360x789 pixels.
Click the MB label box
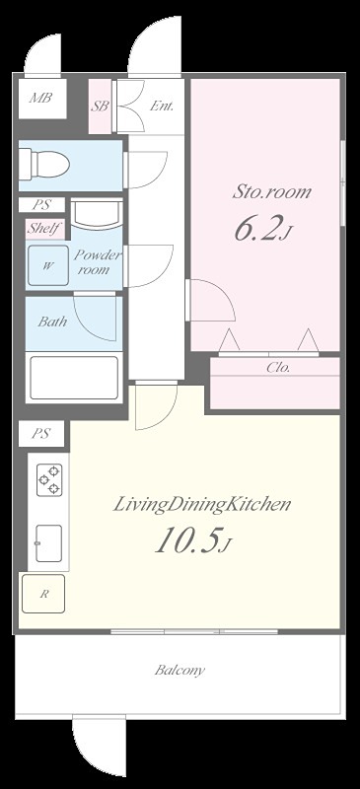[x=42, y=98]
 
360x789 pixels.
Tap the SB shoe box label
[x=100, y=107]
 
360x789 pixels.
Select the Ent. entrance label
[x=162, y=107]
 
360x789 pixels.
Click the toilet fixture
[x=44, y=164]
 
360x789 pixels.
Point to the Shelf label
[x=45, y=228]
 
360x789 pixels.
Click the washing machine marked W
[x=47, y=265]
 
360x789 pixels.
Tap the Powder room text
[x=98, y=262]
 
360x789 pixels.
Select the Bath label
[x=52, y=322]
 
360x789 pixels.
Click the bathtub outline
[x=74, y=378]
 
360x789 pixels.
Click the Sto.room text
[x=271, y=192]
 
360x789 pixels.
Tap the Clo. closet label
[x=278, y=368]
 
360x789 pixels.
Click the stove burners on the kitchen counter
[x=49, y=480]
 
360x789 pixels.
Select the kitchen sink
[x=49, y=543]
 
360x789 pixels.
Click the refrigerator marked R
[x=43, y=594]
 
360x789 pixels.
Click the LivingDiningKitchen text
[x=201, y=505]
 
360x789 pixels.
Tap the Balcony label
[x=180, y=671]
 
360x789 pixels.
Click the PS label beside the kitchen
[x=41, y=434]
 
